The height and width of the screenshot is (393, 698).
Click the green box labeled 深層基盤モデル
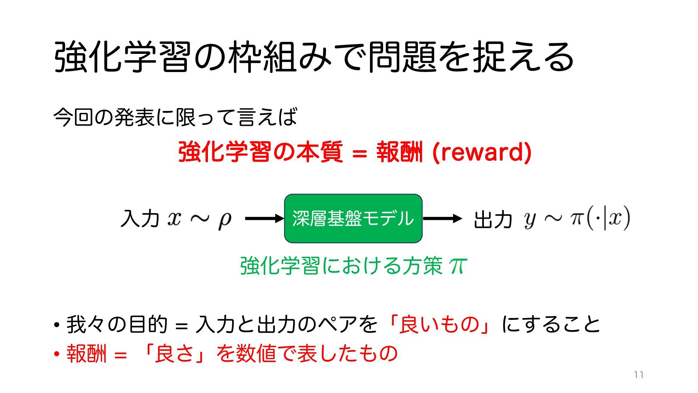353,218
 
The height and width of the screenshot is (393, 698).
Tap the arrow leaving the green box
442,218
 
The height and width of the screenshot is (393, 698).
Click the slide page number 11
639,375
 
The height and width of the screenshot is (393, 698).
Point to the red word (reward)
482,152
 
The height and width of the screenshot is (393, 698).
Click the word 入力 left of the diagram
140,219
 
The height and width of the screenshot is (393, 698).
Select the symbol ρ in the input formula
225,219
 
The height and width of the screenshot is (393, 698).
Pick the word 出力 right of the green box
493,219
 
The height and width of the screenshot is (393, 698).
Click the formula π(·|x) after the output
600,219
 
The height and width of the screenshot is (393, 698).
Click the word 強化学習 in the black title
122,57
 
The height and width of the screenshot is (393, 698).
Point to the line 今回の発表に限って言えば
175,117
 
